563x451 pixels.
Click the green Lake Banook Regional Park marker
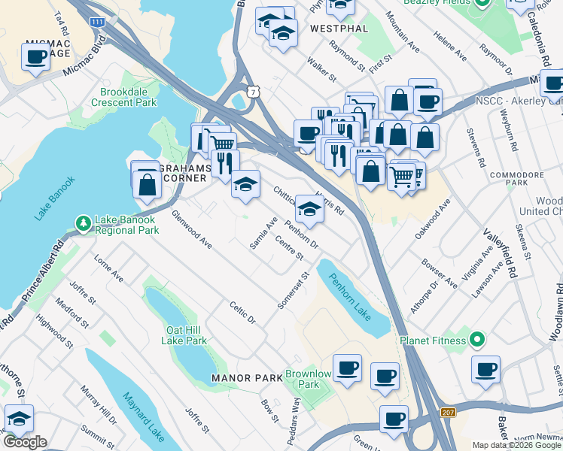click(83, 222)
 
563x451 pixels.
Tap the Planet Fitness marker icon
click(476, 341)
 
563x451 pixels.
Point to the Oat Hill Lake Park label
click(184, 335)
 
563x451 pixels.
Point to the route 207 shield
click(447, 413)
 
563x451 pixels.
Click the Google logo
click(24, 441)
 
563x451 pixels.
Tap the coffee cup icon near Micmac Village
click(35, 56)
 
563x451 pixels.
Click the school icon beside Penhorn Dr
click(309, 208)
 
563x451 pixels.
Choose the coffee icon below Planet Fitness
click(485, 370)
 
